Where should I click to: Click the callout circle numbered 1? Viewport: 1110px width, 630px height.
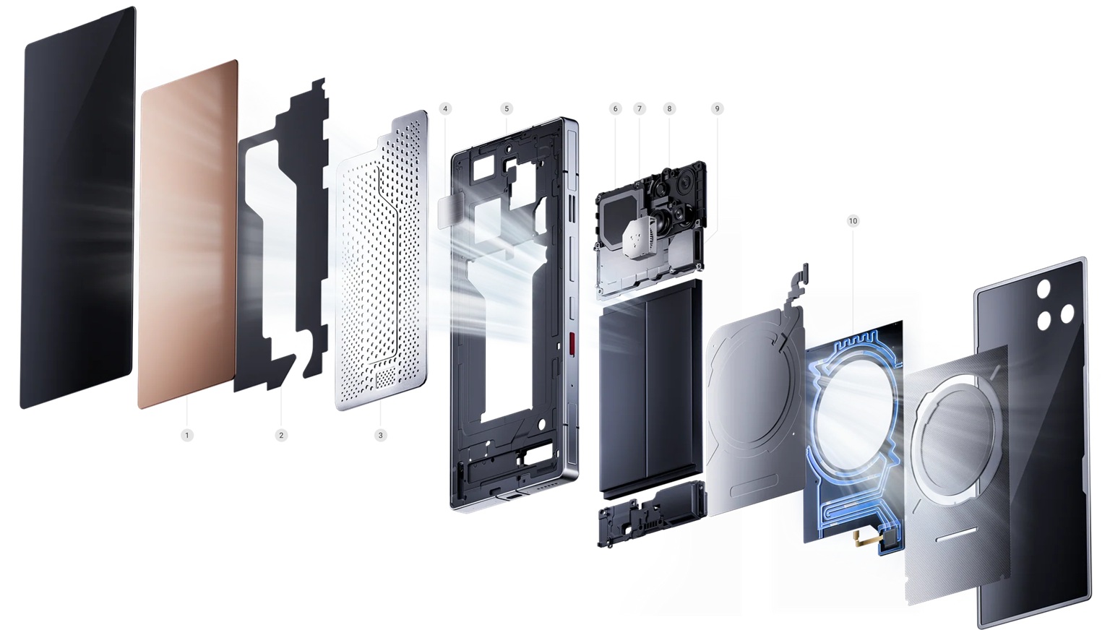pyautogui.click(x=187, y=435)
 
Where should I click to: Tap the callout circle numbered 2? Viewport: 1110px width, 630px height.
pyautogui.click(x=281, y=435)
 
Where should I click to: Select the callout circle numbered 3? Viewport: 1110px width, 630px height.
pyautogui.click(x=381, y=435)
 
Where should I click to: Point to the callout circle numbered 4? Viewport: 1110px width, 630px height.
pyautogui.click(x=445, y=108)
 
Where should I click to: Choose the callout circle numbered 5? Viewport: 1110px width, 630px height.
pyautogui.click(x=507, y=108)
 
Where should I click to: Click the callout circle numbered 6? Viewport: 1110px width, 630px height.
pyautogui.click(x=616, y=108)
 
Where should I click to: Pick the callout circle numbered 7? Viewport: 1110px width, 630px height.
pyautogui.click(x=639, y=108)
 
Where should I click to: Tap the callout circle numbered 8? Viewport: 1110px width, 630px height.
pyautogui.click(x=669, y=108)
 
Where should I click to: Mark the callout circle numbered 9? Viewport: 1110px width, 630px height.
pyautogui.click(x=717, y=108)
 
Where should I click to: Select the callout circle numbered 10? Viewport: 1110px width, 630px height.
pyautogui.click(x=853, y=220)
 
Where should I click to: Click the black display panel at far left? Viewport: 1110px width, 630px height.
pyautogui.click(x=78, y=210)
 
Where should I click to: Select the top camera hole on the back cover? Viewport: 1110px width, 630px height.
pyautogui.click(x=1044, y=289)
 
